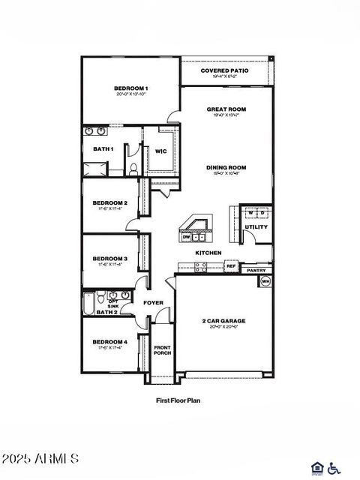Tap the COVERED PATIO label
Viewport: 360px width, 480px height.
click(224, 70)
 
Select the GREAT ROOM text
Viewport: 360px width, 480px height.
click(226, 109)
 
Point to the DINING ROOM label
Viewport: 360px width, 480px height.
click(226, 167)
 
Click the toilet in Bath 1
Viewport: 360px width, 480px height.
click(132, 169)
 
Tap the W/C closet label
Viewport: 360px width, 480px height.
click(160, 151)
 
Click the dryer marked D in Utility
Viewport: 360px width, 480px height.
click(262, 213)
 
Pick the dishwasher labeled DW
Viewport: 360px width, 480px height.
click(186, 237)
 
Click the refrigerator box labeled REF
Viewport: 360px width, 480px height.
click(231, 266)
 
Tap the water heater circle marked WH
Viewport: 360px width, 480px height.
click(265, 281)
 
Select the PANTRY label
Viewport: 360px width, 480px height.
click(256, 270)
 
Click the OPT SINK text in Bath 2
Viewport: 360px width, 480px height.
click(112, 304)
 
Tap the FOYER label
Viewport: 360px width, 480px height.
click(154, 302)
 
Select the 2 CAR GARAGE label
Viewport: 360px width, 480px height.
click(223, 321)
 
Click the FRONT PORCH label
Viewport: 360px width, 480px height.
click(162, 350)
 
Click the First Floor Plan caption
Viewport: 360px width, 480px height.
click(178, 400)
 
